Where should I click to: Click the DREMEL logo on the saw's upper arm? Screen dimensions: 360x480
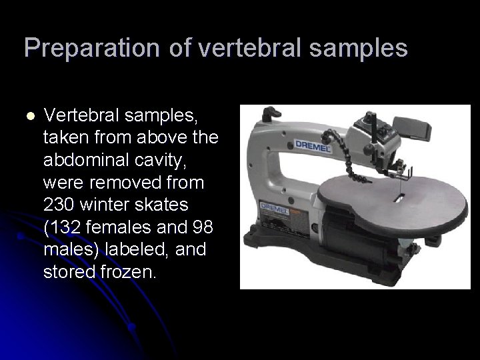(313, 146)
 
